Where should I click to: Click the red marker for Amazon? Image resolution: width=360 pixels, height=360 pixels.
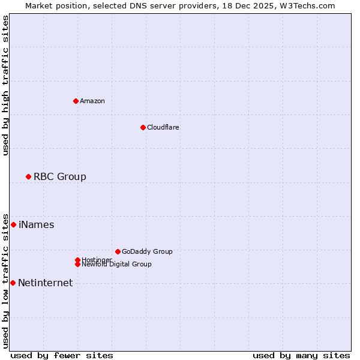[x=76, y=101]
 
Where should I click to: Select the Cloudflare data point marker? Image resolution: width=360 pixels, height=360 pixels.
[x=143, y=127]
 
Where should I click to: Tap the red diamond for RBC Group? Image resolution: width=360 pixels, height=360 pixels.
[x=28, y=176]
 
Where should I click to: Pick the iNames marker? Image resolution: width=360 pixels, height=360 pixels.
[x=13, y=224]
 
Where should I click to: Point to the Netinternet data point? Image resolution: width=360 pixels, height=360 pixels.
[x=13, y=283]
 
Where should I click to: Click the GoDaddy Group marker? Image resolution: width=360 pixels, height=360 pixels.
[x=118, y=251]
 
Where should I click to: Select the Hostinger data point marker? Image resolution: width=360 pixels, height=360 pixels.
[x=77, y=260]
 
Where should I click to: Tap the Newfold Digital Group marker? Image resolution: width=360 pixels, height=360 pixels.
[x=77, y=264]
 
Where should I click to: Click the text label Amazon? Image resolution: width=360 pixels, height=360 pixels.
[x=92, y=101]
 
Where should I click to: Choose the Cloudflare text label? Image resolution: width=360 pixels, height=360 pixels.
[x=163, y=127]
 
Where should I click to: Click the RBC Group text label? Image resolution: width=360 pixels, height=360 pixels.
[x=59, y=176]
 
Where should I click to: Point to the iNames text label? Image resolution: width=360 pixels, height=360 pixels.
[x=36, y=224]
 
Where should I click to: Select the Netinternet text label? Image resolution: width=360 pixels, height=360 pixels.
[x=45, y=283]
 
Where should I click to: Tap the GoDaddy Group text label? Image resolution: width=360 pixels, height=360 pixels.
[x=147, y=251]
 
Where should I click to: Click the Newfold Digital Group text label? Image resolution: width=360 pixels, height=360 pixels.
[x=116, y=264]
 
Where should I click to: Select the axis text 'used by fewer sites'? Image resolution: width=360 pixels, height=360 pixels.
[x=62, y=355]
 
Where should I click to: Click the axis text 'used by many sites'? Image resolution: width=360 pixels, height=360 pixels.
[x=301, y=355]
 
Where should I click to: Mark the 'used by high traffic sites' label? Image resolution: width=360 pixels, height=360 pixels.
[x=5, y=85]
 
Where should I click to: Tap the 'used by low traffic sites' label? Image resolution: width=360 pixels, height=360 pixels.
[x=5, y=280]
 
